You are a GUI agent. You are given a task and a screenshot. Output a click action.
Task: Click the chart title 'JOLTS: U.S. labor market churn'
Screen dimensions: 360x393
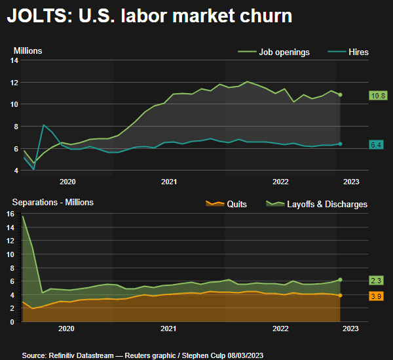click(149, 16)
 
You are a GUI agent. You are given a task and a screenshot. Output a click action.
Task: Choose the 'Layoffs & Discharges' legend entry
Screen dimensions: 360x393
click(317, 204)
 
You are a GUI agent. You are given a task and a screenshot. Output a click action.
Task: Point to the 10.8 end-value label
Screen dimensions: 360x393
click(379, 95)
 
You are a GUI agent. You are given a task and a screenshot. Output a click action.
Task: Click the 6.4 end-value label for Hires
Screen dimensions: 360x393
click(377, 144)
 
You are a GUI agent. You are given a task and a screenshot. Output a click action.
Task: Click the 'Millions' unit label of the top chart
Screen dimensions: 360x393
click(28, 50)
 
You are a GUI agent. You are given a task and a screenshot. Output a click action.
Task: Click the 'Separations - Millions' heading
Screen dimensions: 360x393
click(52, 202)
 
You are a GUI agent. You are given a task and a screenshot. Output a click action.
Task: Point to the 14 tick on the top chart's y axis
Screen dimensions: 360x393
click(14, 60)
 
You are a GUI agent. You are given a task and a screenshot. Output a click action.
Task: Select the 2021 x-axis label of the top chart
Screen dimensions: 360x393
click(169, 182)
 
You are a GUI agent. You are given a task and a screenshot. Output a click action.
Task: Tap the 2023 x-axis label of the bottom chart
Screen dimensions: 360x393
click(350, 328)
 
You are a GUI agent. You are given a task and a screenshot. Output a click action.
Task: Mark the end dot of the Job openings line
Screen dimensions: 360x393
click(340, 94)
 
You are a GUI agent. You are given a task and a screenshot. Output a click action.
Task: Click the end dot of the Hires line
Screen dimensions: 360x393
click(340, 144)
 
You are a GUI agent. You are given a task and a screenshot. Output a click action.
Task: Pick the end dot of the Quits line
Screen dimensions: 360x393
click(340, 295)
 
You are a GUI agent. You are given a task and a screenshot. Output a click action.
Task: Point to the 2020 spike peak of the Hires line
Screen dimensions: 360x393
click(43, 125)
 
